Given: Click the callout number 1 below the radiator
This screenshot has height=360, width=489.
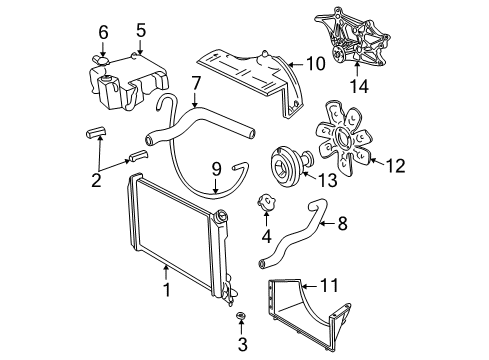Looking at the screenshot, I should pos(166,291).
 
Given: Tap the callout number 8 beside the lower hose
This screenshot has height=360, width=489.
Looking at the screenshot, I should pos(342,226).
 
